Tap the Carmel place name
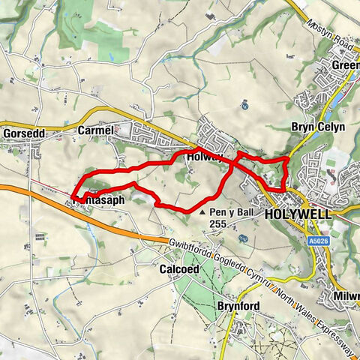94,130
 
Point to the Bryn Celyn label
318,127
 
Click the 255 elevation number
218,223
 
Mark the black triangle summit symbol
203,213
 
